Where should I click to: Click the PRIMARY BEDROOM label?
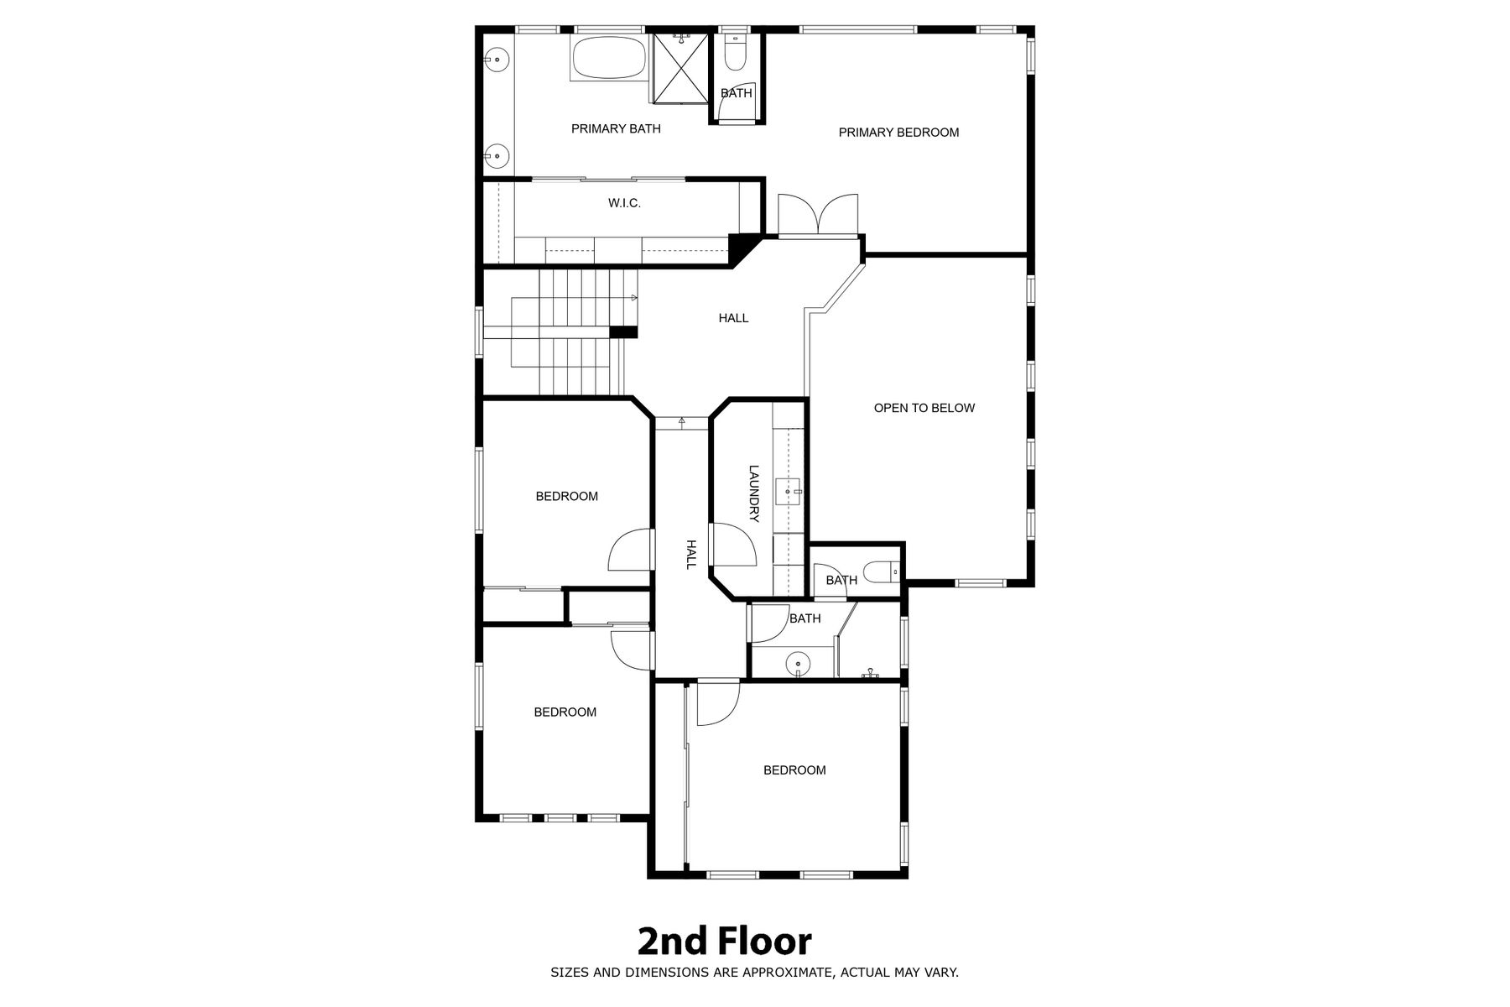tap(898, 133)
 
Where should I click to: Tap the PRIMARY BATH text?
tap(616, 129)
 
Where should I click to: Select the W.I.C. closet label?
tap(624, 203)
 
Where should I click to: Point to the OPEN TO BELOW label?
tap(924, 409)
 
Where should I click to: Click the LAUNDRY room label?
tap(753, 494)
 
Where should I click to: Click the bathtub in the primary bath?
tap(609, 59)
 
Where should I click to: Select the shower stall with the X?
tap(681, 68)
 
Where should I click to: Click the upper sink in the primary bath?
tap(497, 60)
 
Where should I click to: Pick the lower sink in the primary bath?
tap(497, 155)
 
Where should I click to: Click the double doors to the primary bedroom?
tap(818, 215)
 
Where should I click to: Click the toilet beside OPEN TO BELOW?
tap(883, 572)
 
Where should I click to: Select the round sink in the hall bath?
tap(798, 665)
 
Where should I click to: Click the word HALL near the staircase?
tap(733, 318)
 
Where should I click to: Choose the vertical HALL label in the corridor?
tap(691, 555)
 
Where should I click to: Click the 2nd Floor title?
tap(725, 942)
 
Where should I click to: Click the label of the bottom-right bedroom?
tap(794, 770)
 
